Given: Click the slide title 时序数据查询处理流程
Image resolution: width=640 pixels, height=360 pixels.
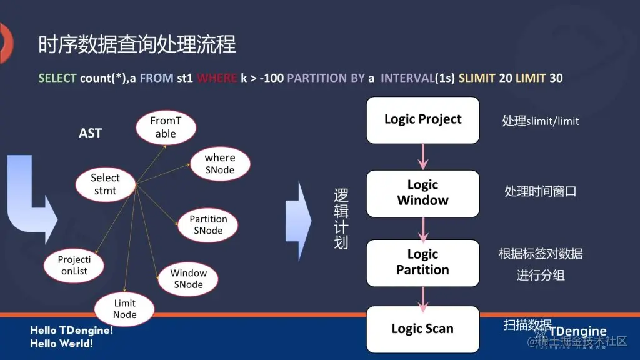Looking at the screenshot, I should tap(137, 44).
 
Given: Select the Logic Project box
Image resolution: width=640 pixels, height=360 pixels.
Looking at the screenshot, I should tap(422, 119).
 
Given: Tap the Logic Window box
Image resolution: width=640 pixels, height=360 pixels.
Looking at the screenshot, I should tap(422, 192).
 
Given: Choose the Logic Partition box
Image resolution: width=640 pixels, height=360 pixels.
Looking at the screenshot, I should tap(422, 262).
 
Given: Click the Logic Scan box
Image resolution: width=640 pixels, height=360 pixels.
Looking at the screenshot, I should tap(422, 329).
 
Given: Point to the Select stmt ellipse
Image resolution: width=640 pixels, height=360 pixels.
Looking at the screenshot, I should tap(105, 184).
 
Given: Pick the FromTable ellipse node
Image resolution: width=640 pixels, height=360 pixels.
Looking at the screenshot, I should tap(166, 127).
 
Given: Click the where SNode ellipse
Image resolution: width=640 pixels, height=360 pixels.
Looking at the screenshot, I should tap(219, 164).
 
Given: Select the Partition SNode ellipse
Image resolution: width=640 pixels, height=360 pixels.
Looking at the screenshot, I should tap(208, 225).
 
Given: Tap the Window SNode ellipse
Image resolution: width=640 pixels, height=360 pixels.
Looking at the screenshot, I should tap(188, 279).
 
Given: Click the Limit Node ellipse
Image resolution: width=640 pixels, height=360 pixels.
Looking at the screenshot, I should tap(124, 309).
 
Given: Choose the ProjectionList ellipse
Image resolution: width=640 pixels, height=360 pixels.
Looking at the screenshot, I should tap(74, 266).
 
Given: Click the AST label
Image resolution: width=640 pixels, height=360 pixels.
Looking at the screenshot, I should tap(90, 133).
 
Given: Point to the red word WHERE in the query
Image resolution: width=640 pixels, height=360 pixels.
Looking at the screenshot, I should tap(217, 78).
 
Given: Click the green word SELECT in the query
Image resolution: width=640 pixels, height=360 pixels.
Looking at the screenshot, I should tap(57, 78).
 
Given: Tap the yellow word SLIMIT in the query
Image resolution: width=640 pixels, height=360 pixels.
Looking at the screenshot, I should tap(476, 78).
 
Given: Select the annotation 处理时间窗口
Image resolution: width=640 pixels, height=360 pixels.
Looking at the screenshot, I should tap(540, 191).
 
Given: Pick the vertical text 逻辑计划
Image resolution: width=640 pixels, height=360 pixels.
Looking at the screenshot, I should tap(341, 219).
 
